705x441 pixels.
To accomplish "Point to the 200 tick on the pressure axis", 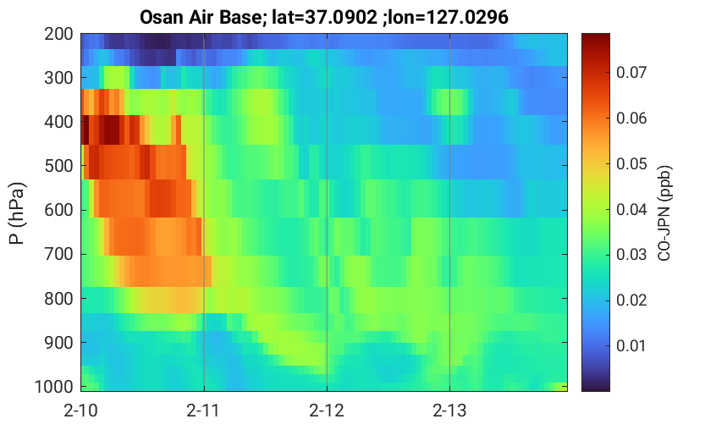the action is coord(58,34).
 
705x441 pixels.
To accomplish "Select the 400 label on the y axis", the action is coord(58,122).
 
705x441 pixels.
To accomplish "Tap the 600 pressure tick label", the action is coord(58,210).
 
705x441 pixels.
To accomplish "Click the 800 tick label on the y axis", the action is coord(58,299).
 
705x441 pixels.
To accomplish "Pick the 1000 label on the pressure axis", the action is coord(54,387).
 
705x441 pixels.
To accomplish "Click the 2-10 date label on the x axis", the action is coord(81,411).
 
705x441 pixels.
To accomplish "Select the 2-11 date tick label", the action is coord(204,411).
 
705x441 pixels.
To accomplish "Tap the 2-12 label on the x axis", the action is coord(327,411).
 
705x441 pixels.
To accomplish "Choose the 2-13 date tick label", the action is coord(449,411).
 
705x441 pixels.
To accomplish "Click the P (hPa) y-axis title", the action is coord(17,213).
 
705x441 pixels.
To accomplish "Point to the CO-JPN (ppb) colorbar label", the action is coord(664,213).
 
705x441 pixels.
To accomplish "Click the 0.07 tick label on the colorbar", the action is coord(631,72).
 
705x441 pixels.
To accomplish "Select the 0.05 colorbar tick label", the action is coord(631,163).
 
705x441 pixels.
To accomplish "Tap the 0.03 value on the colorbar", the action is coord(631,254).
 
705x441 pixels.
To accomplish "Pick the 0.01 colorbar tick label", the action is coord(631,345).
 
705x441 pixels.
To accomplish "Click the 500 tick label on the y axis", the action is coord(58,166).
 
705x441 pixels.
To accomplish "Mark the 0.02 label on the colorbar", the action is coord(631,300).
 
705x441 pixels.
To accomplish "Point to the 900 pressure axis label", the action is coord(58,343).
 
